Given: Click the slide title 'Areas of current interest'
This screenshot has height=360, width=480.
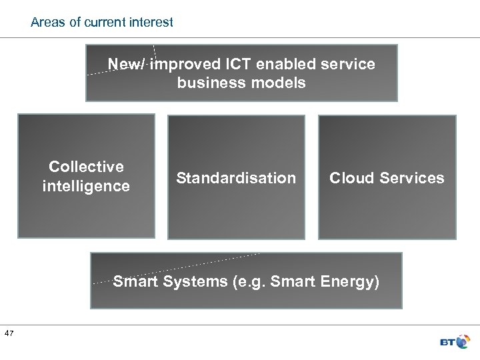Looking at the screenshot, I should (102, 22).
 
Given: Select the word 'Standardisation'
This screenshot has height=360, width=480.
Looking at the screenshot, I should (235, 178).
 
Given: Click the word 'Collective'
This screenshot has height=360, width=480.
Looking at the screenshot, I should (86, 166).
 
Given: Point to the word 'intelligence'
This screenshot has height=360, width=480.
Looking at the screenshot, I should (86, 186).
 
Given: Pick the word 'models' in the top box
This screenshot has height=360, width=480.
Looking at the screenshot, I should (273, 83).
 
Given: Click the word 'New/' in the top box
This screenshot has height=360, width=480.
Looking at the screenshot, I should (127, 65).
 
